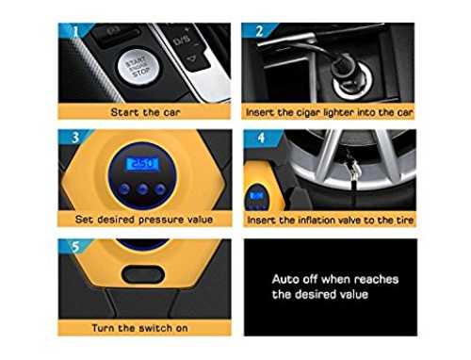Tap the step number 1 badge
75,31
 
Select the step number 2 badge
259,31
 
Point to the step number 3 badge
75,138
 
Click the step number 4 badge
261,138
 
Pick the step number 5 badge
75,247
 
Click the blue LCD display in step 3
142,164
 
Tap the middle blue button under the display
142,188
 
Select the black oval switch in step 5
143,274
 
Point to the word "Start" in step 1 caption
124,112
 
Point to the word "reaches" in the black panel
376,279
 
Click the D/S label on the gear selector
182,40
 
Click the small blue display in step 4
256,196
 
